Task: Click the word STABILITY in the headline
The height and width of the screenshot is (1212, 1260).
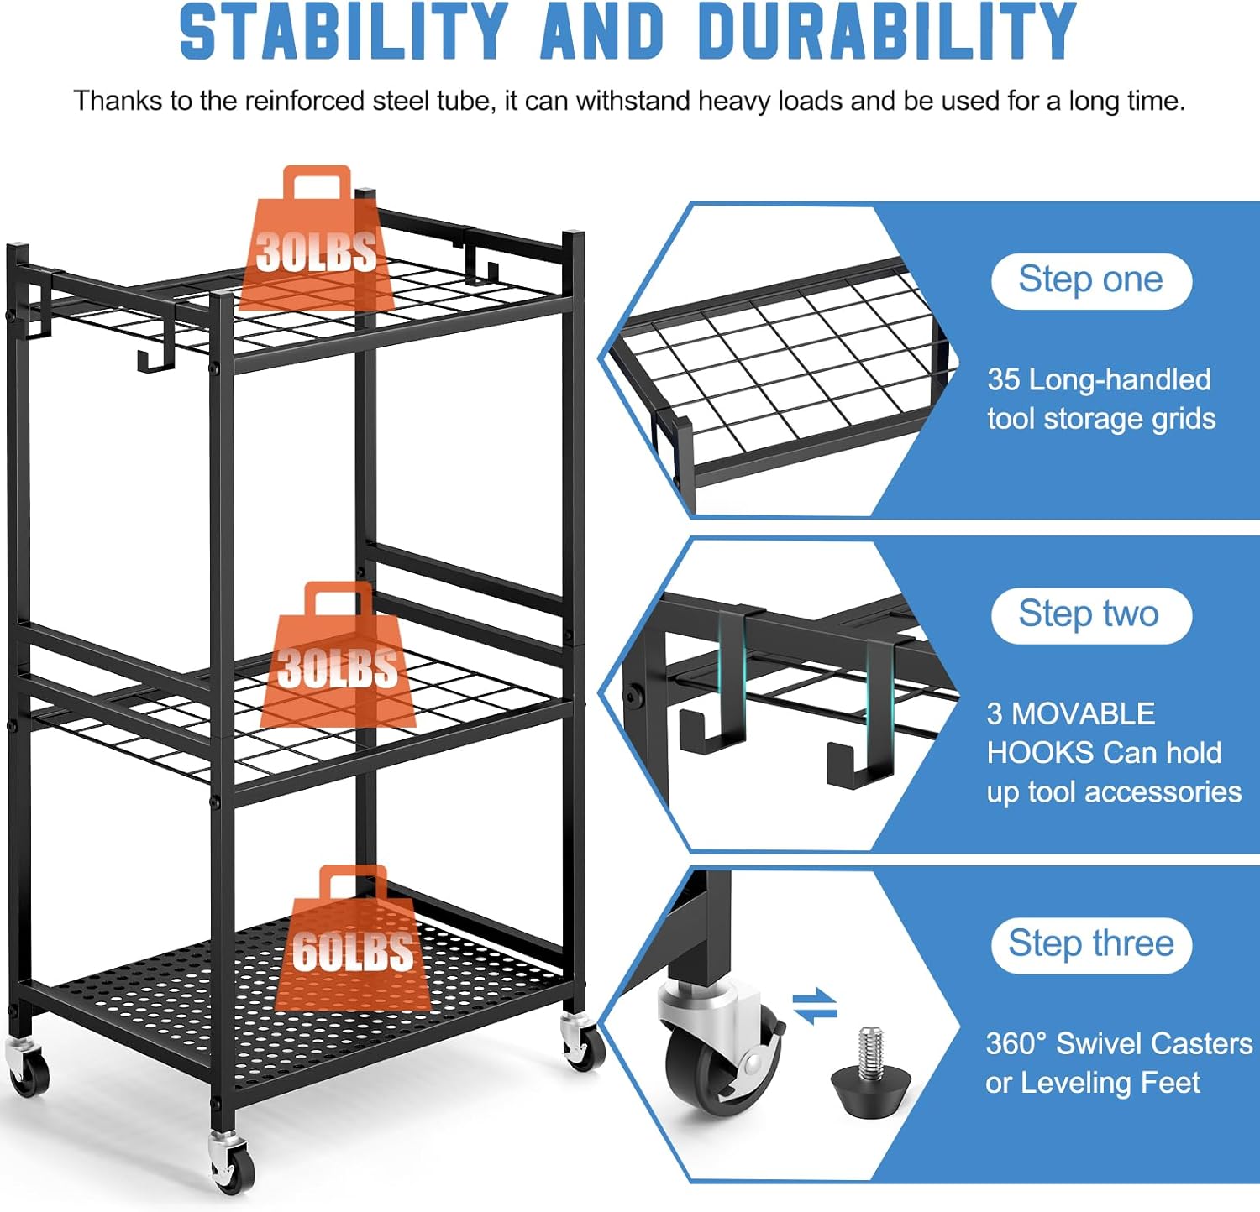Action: coord(344,31)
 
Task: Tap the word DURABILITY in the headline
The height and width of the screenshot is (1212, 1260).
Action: coord(886,31)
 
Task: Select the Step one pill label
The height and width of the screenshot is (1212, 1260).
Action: coord(1091,280)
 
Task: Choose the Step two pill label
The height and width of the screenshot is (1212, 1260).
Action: coord(1091,615)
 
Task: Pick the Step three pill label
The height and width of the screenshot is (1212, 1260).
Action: coord(1091,945)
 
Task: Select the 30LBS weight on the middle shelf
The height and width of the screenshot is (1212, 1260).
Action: coord(338,655)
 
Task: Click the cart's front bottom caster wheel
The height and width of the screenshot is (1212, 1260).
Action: coord(231,1164)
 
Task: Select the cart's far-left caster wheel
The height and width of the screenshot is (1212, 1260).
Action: coord(28,1066)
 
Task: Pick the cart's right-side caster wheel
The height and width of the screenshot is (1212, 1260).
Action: coord(582,1041)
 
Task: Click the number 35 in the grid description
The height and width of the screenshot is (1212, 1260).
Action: coord(1004,379)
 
